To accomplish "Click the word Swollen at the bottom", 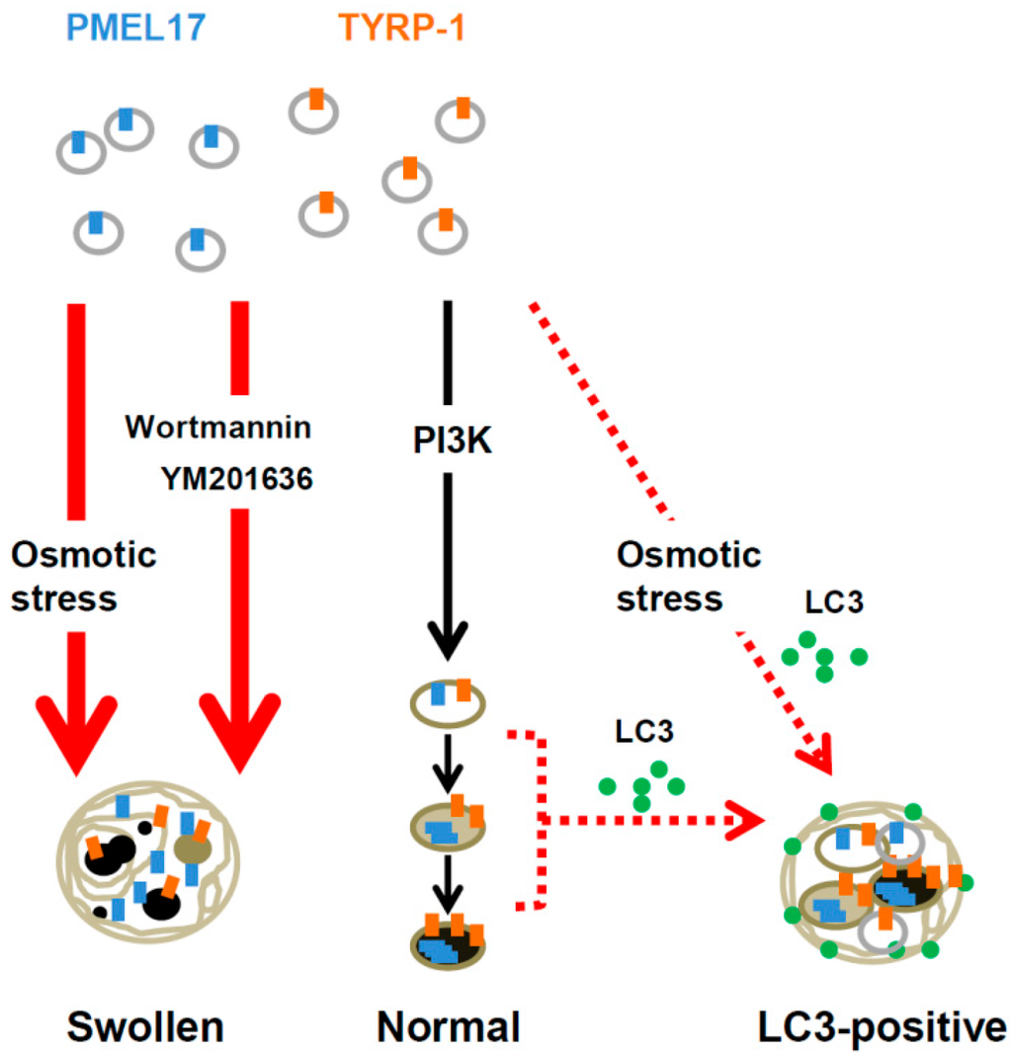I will [x=145, y=1027].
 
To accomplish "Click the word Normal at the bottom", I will [x=449, y=1027].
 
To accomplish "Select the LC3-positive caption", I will [x=873, y=1027].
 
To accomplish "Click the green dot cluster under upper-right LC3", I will [x=822, y=658].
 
